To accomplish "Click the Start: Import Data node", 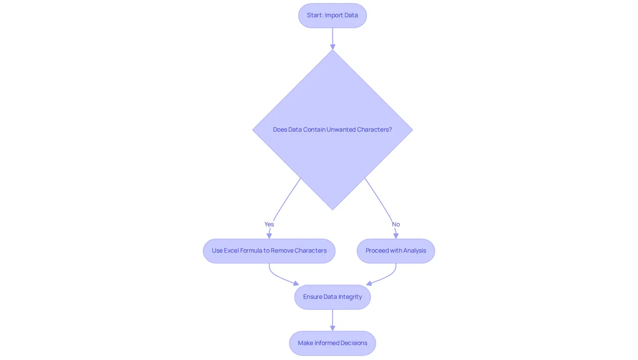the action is point(332,15).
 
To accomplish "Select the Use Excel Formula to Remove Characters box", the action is point(269,251).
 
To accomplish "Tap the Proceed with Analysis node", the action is point(396,251).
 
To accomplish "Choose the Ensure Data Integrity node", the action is point(332,297).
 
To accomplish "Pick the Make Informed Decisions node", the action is point(332,343).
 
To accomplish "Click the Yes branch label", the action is point(269,224).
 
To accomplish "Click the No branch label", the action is point(396,224).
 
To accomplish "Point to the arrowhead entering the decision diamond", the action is point(332,47).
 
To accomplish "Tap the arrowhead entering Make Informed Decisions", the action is point(332,328).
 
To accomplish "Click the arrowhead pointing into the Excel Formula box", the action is point(269,236).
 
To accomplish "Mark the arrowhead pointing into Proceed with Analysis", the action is point(396,236).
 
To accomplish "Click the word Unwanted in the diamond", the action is point(341,129).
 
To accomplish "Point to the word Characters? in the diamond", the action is point(375,129).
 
